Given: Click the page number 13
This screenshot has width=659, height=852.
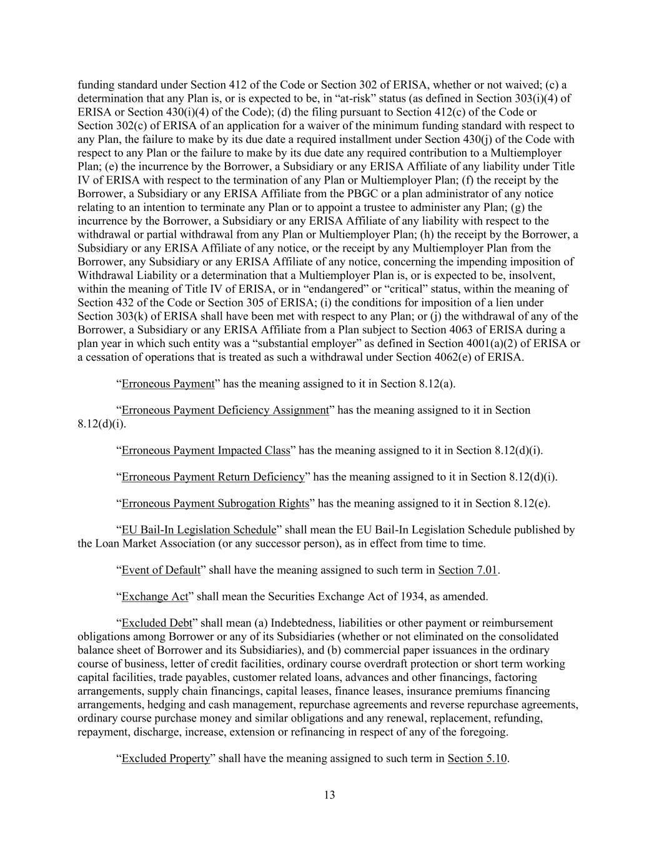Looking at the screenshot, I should click(330, 795).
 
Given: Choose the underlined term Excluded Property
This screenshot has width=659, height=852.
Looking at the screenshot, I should click(166, 759).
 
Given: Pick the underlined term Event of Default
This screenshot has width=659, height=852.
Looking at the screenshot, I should click(161, 570).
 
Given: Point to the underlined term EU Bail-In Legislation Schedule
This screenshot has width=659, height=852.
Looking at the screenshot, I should click(199, 530).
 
